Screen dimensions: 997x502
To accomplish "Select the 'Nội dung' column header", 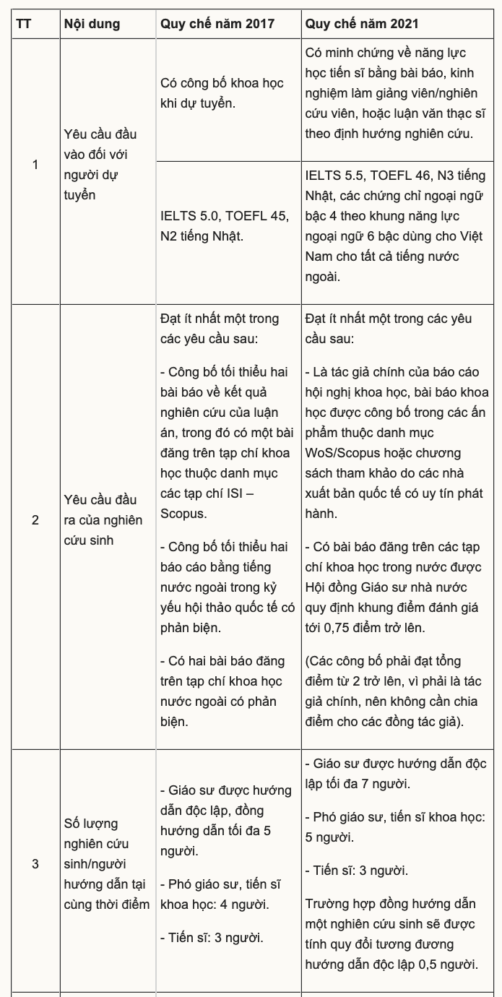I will click(92, 24).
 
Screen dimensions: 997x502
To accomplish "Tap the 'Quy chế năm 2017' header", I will click(217, 24).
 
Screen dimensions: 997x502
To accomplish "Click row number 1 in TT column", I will click(35, 165).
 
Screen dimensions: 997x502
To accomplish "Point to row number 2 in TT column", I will click(35, 520).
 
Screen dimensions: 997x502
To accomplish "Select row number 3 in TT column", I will click(35, 863).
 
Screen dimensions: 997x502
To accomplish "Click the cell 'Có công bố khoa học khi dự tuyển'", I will click(222, 93).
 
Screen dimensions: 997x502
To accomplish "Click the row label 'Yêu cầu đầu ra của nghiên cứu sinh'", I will click(103, 520).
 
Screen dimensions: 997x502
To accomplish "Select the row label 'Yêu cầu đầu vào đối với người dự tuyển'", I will click(100, 165).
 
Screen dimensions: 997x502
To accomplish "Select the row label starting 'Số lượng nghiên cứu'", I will click(106, 863).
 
